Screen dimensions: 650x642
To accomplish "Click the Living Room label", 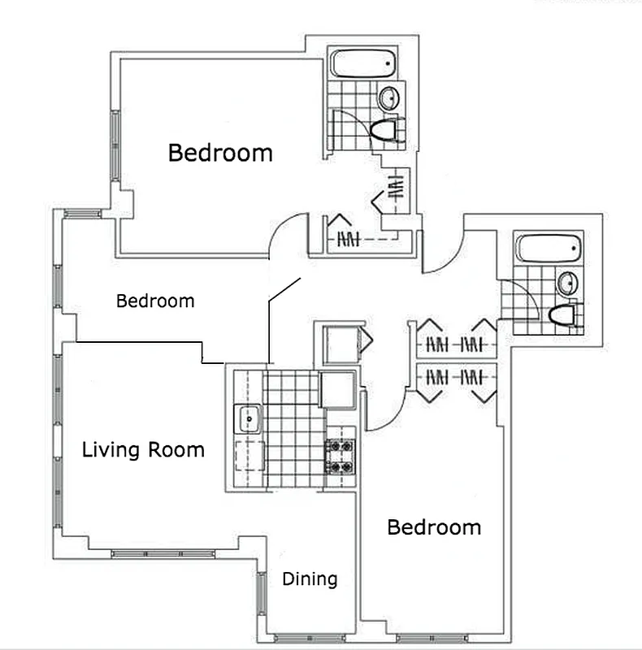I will coord(143,449).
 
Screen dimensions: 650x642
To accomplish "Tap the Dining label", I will coord(310,579).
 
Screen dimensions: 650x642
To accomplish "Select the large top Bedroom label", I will coord(220,153).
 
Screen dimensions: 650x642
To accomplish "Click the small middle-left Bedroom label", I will coord(155,301).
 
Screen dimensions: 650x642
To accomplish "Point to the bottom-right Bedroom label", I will coord(434,527).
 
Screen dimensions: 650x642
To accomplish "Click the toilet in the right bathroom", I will coord(564,314).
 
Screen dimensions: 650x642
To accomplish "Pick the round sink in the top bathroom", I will coord(389,98).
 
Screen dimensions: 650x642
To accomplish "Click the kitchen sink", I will coord(248,419).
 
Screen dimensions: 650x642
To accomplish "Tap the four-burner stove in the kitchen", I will coord(340,456).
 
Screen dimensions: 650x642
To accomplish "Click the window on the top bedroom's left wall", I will coord(115,146).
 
